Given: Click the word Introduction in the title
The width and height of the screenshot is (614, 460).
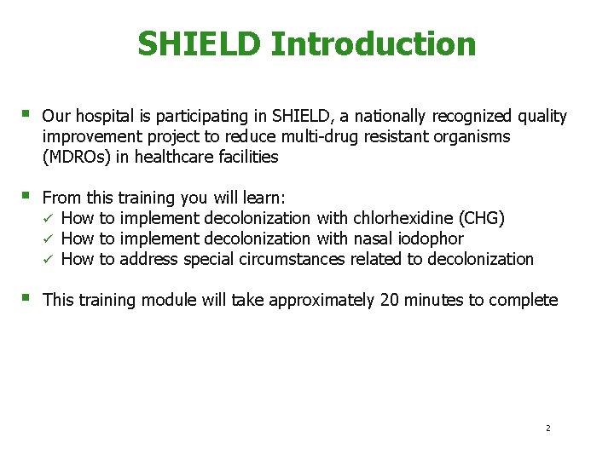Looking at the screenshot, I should [374, 44].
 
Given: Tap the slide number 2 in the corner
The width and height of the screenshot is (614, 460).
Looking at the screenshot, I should [548, 428].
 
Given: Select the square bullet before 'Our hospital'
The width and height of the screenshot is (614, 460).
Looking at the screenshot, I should [29, 114].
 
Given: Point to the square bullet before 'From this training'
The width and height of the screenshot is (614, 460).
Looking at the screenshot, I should [29, 197].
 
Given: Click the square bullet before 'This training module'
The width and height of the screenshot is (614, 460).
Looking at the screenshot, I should [29, 298].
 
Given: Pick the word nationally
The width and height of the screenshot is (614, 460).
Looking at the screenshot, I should [392, 116].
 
